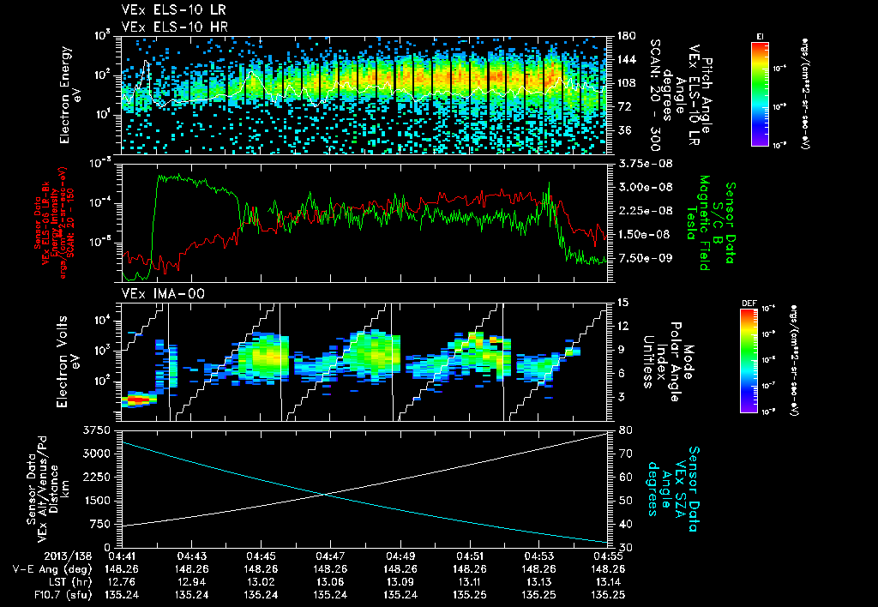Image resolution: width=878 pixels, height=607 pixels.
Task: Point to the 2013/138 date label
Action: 29,556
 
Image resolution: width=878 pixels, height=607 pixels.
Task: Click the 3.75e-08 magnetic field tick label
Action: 638,163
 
